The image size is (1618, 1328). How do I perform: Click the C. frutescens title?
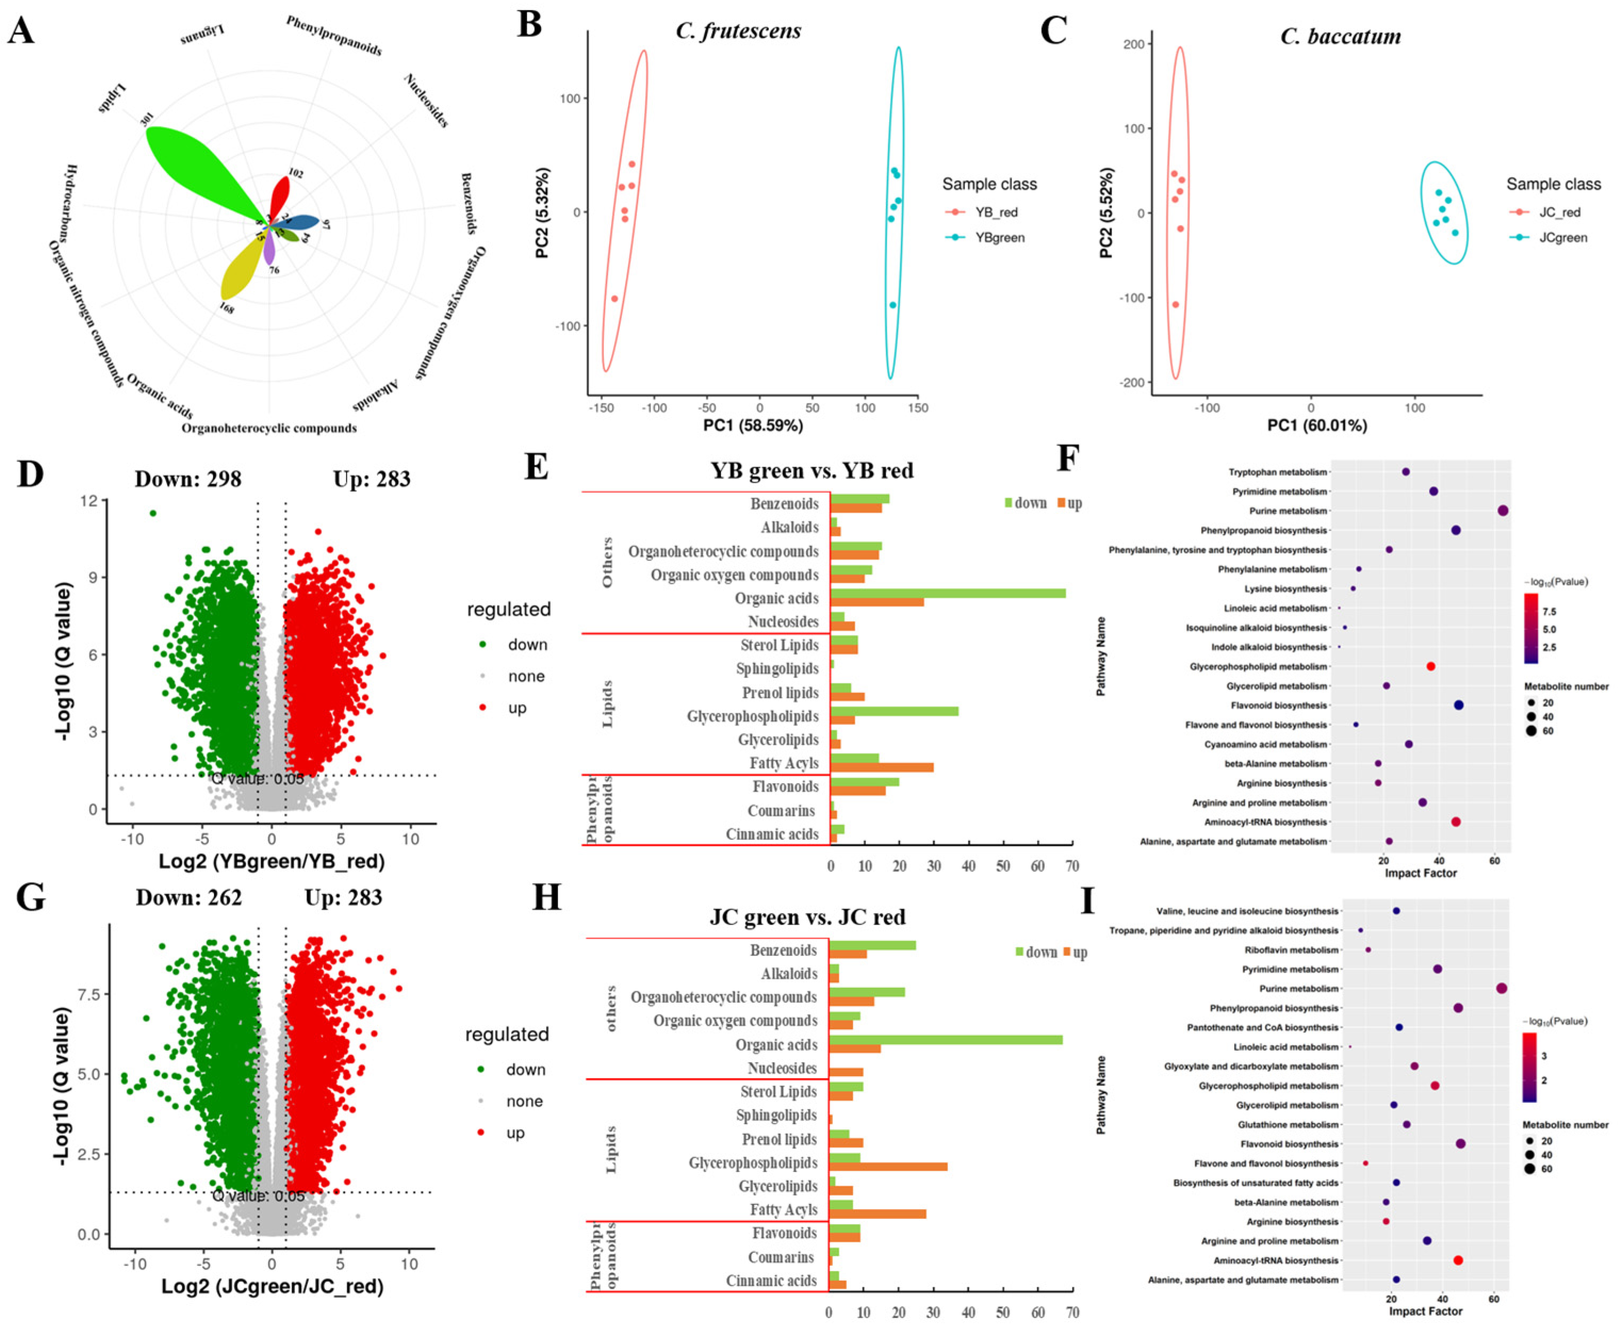click(x=738, y=30)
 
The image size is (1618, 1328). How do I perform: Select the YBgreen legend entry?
click(x=999, y=237)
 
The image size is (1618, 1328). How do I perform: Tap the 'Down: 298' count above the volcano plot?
click(x=187, y=479)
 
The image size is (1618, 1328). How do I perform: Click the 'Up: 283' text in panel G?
click(x=343, y=897)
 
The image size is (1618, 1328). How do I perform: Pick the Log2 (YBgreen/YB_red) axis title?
click(x=272, y=861)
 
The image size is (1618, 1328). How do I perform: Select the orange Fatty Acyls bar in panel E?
click(x=881, y=768)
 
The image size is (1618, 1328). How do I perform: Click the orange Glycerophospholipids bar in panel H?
click(x=888, y=1167)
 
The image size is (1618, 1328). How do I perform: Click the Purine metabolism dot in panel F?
click(x=1502, y=511)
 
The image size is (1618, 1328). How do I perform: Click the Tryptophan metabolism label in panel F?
click(x=1278, y=472)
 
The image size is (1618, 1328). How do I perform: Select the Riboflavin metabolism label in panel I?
click(x=1291, y=950)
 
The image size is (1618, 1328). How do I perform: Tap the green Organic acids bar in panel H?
click(x=945, y=1040)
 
